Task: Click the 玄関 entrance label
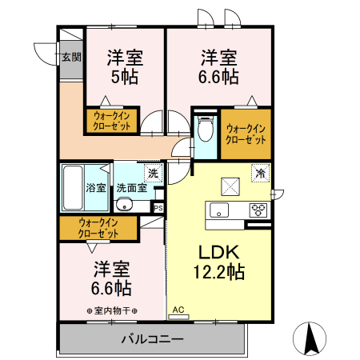pyautogui.click(x=70, y=57)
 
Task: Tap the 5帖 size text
pyautogui.click(x=125, y=77)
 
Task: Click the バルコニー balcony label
pyautogui.click(x=152, y=339)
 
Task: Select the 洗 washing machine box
pyautogui.click(x=152, y=172)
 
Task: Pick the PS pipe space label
pyautogui.click(x=158, y=207)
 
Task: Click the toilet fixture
pyautogui.click(x=205, y=127)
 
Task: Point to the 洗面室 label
pyautogui.click(x=131, y=188)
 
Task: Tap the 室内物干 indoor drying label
pyautogui.click(x=111, y=310)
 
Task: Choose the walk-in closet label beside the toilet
pyautogui.click(x=246, y=134)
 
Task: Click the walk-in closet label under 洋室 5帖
pyautogui.click(x=112, y=122)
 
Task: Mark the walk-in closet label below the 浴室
pyautogui.click(x=98, y=228)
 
